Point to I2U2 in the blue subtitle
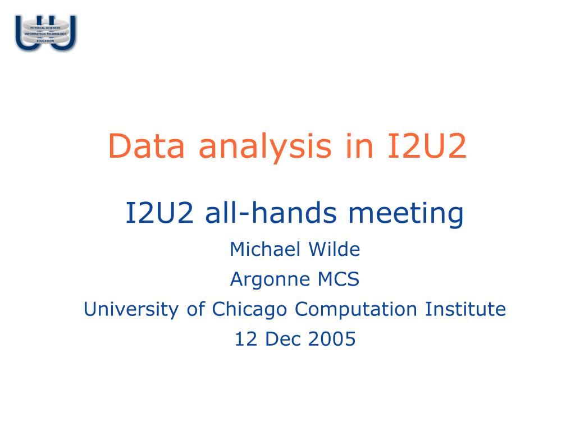[x=160, y=213]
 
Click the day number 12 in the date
[x=244, y=339]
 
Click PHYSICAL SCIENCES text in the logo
[x=45, y=27]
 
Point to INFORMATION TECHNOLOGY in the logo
[x=45, y=34]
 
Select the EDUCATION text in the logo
[x=45, y=41]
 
